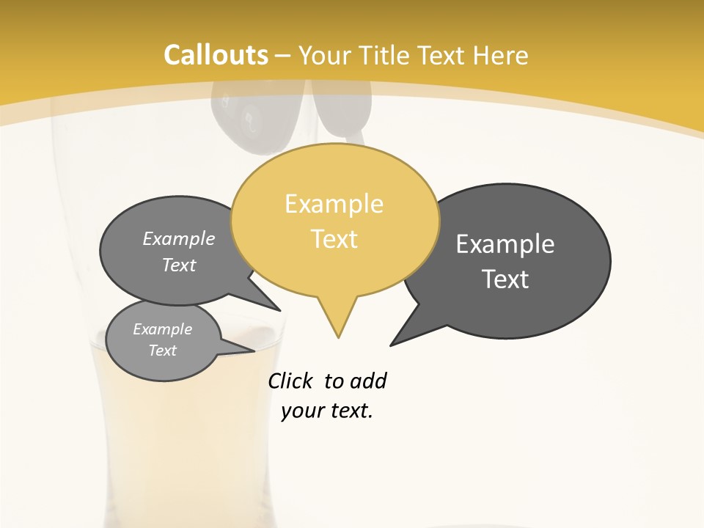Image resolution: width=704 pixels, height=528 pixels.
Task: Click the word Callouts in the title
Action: (x=216, y=55)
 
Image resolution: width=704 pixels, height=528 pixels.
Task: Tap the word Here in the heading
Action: (x=501, y=56)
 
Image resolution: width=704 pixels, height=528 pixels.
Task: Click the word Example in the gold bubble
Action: (x=334, y=204)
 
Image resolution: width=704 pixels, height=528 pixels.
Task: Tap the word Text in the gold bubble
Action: (x=334, y=239)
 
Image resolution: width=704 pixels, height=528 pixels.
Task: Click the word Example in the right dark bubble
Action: (x=505, y=244)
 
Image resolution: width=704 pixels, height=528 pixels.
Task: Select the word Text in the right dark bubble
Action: (x=505, y=279)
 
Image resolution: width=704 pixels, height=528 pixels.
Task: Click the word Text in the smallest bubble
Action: (x=163, y=351)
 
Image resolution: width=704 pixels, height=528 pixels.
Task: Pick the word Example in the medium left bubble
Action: (x=179, y=239)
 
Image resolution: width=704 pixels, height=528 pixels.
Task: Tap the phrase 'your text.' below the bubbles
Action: (x=327, y=411)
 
